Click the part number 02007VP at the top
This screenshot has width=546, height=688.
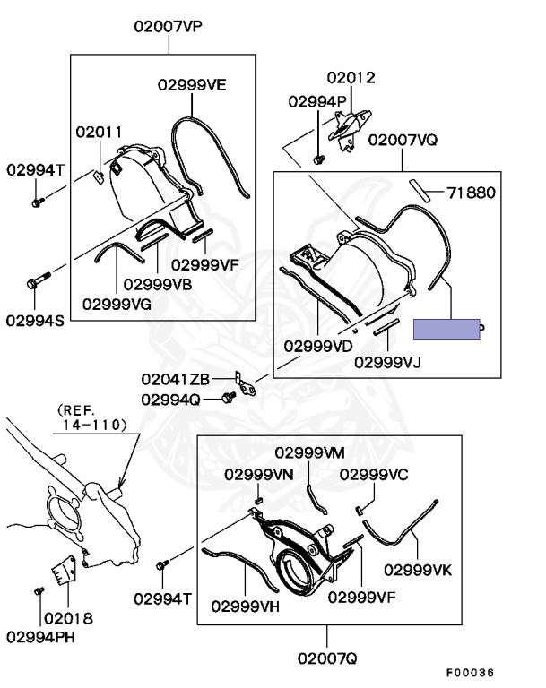[x=169, y=26]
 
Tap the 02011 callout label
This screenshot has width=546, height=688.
[x=99, y=132]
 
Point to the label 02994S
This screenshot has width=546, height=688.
[x=35, y=319]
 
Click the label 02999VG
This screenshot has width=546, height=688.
[x=117, y=303]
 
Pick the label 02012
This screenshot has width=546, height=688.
[x=351, y=78]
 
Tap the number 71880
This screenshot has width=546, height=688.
[x=472, y=192]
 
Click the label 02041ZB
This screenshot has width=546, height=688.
[x=175, y=379]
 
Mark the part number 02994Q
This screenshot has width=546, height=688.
[x=170, y=399]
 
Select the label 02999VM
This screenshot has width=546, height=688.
[x=309, y=452]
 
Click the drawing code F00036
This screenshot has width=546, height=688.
[x=471, y=673]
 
